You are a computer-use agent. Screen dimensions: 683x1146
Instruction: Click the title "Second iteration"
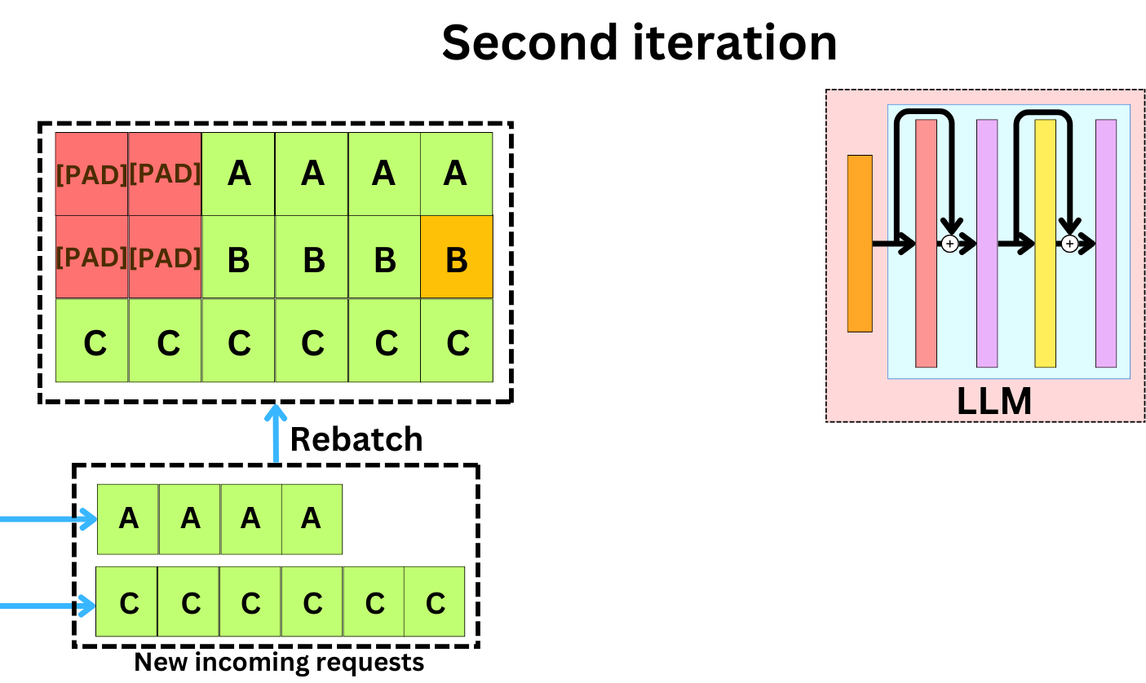(x=639, y=42)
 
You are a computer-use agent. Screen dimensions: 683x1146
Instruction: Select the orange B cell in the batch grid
(x=457, y=257)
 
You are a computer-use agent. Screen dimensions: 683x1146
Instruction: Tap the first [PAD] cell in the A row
(x=91, y=174)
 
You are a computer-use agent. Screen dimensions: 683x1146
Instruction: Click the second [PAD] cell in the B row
(x=165, y=257)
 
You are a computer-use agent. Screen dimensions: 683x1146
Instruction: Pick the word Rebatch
(x=356, y=439)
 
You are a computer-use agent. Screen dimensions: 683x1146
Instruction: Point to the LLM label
(x=993, y=401)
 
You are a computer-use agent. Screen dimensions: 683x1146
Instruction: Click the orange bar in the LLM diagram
(x=860, y=243)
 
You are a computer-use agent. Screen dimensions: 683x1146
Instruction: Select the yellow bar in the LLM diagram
(x=1045, y=243)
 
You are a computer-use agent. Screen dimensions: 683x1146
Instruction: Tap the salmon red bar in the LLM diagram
(x=926, y=243)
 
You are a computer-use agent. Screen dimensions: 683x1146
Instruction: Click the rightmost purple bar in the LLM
(x=1106, y=243)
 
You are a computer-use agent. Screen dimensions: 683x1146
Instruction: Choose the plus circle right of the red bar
(x=949, y=243)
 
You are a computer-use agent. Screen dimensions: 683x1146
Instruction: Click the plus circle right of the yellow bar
(x=1069, y=243)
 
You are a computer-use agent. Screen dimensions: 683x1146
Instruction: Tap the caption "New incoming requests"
(x=279, y=662)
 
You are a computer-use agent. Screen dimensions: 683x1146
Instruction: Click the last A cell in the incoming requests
(x=312, y=519)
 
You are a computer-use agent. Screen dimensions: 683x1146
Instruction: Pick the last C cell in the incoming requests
(x=435, y=602)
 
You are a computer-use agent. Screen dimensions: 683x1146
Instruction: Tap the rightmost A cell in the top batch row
(x=457, y=174)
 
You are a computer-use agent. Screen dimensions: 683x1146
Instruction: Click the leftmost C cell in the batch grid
(x=91, y=341)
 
